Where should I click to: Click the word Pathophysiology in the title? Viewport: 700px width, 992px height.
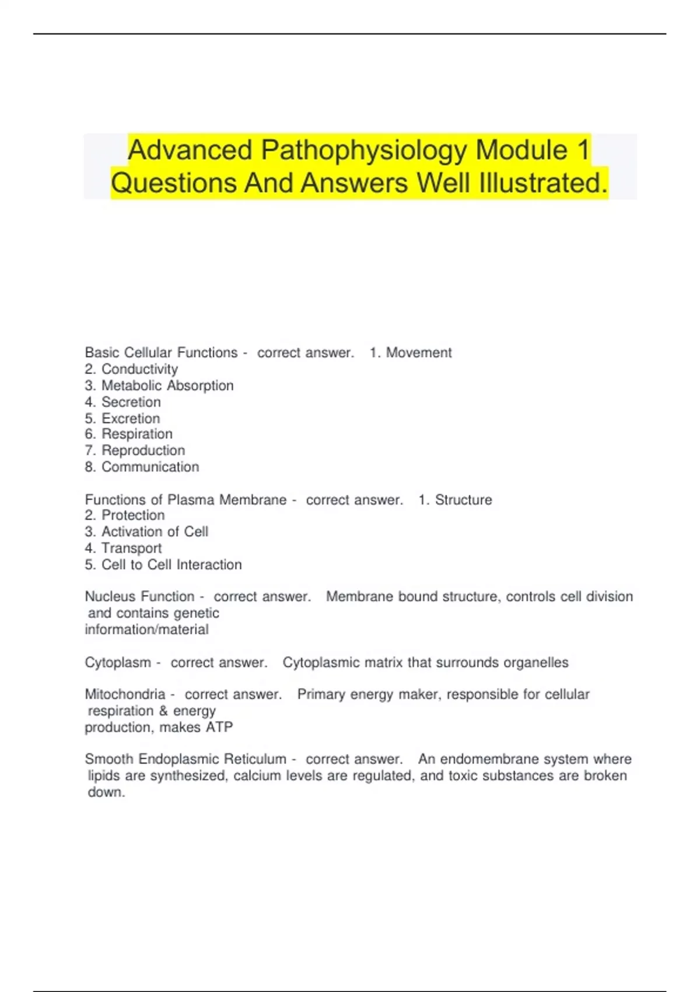coord(364,151)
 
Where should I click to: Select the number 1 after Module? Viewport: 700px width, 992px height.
coord(583,151)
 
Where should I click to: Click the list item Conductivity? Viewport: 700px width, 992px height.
coord(139,369)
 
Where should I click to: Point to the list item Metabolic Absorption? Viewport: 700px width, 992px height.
coord(167,386)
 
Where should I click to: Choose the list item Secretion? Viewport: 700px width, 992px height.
coord(131,402)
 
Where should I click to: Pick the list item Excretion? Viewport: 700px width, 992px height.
coord(131,418)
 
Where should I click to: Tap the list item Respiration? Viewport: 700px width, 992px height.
coord(137,434)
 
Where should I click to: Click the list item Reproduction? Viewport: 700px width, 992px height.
coord(143,450)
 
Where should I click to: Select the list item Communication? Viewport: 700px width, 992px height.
coord(150,467)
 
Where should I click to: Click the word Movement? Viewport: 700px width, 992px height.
coord(419,352)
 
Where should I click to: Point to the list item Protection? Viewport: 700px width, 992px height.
coord(133,515)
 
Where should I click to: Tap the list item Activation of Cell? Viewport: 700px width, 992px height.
coord(155,532)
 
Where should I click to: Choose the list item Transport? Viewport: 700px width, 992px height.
coord(131,548)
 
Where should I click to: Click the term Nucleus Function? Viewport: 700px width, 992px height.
coord(139,596)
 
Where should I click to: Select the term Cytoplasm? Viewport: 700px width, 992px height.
coord(118,663)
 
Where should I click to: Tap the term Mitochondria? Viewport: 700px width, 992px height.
coord(125,694)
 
